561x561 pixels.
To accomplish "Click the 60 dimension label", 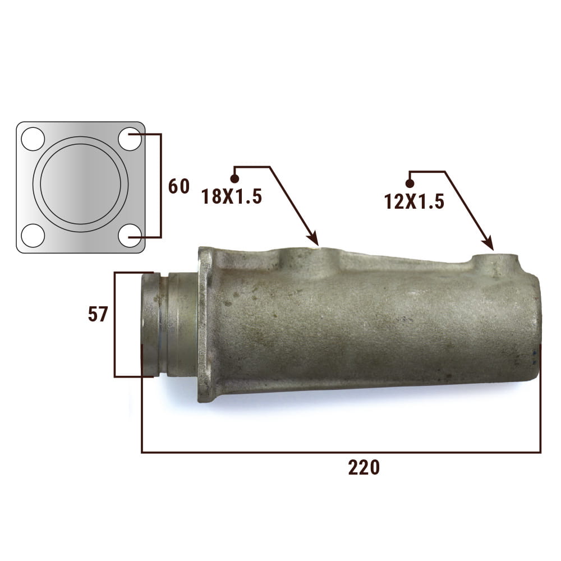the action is pyautogui.click(x=178, y=186).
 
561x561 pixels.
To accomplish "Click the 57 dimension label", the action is pyautogui.click(x=98, y=315).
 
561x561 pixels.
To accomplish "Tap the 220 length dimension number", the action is pyautogui.click(x=364, y=468).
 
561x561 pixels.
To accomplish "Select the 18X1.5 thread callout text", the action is pyautogui.click(x=232, y=197).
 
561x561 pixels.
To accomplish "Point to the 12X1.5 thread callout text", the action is pyautogui.click(x=415, y=201).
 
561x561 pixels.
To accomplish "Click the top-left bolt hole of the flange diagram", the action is pyautogui.click(x=33, y=139).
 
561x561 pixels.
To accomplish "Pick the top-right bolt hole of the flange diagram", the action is pyautogui.click(x=130, y=139).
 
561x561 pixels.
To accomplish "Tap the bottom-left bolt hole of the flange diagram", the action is pyautogui.click(x=33, y=236).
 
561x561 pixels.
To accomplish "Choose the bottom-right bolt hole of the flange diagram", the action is pyautogui.click(x=130, y=236).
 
